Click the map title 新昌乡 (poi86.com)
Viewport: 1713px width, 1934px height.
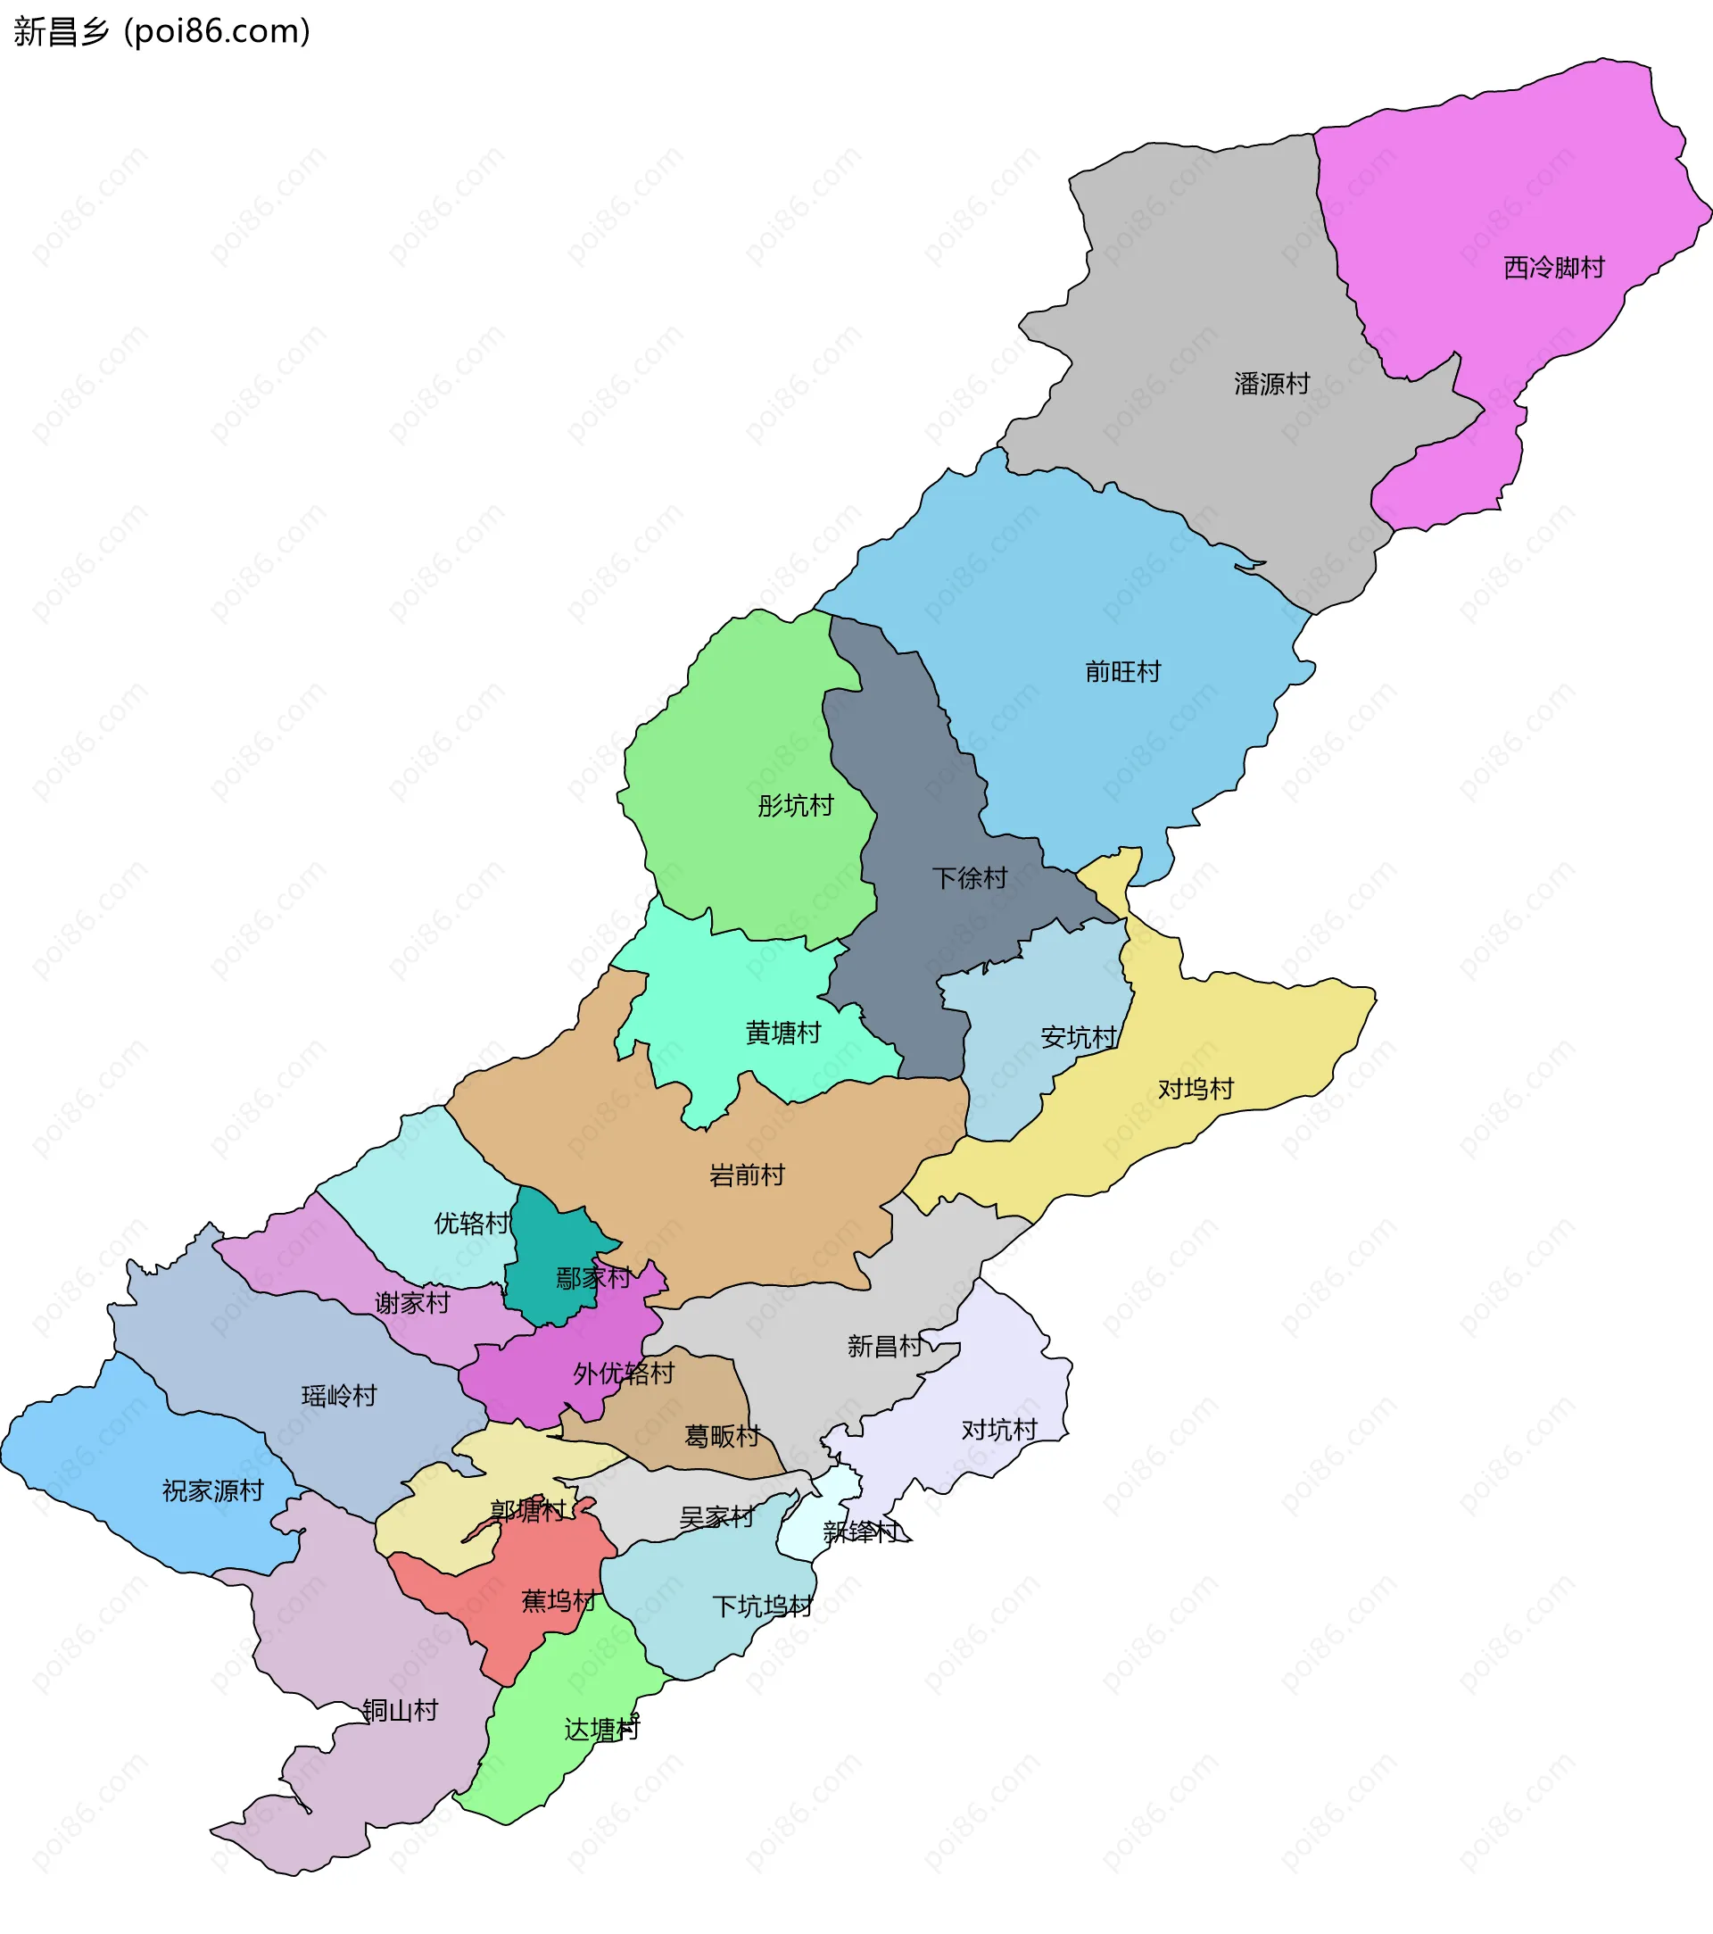[161, 31]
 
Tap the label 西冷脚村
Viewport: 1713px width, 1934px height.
[1553, 268]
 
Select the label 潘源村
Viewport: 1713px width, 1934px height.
[1271, 383]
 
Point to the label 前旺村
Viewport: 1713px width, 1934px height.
[1121, 672]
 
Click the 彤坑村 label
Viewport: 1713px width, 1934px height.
[795, 806]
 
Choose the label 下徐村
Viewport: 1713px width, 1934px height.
[970, 878]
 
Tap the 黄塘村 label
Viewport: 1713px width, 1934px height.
[782, 1033]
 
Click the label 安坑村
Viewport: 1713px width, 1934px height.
[1079, 1037]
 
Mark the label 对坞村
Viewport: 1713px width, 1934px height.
[1196, 1089]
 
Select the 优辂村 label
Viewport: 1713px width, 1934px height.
[471, 1224]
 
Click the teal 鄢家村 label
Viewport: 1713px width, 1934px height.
[593, 1278]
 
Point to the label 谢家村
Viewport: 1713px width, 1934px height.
[412, 1303]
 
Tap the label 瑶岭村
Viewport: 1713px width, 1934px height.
[339, 1396]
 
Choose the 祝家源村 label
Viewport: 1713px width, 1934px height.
[213, 1491]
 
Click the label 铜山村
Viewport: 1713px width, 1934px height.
[400, 1711]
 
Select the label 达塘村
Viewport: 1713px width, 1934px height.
[601, 1730]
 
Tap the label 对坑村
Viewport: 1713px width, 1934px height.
[999, 1430]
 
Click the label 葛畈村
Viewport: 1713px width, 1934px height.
[722, 1436]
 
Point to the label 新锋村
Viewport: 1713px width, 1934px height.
[861, 1531]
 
